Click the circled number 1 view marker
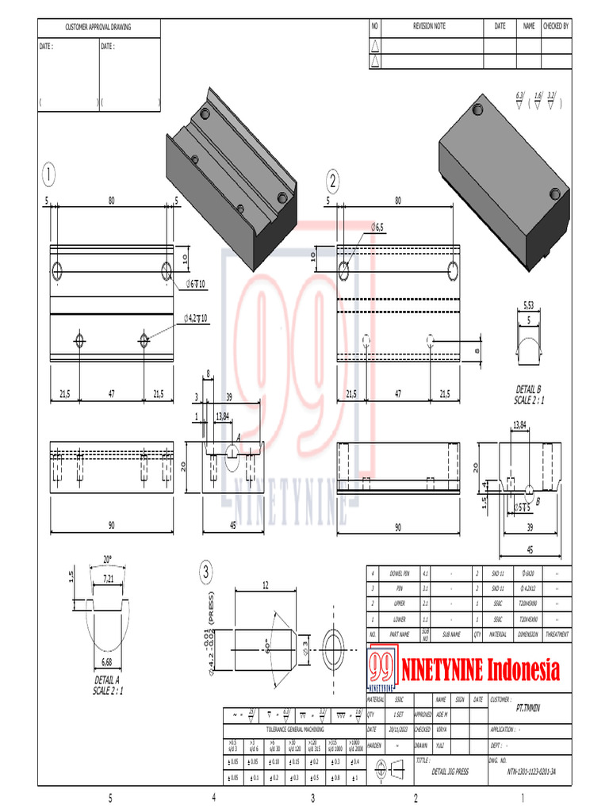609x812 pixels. (50, 174)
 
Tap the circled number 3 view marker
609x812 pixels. (206, 571)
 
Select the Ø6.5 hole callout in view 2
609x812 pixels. (377, 228)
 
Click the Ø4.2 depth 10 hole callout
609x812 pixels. (195, 318)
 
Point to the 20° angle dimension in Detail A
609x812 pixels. (108, 558)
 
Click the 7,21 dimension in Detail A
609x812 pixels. (109, 580)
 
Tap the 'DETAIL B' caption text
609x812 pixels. (527, 389)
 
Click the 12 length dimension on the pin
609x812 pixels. (266, 585)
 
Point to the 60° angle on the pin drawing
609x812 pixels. (270, 641)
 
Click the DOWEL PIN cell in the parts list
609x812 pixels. (400, 573)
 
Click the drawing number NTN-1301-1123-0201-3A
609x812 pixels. (530, 770)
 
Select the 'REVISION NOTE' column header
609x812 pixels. (429, 26)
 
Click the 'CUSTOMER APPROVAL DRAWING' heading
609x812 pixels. (98, 28)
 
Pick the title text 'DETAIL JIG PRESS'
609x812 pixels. (450, 770)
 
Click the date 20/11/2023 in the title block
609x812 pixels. (376, 730)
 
